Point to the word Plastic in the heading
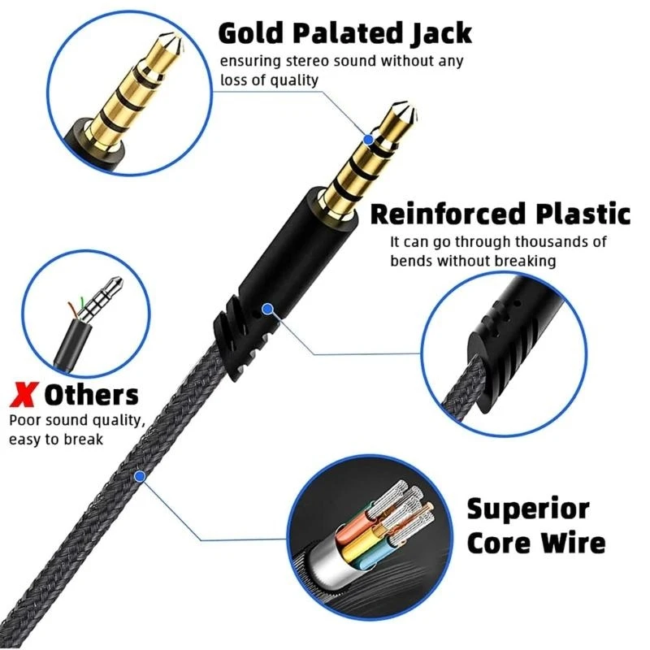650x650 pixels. click(579, 214)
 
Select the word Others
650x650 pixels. click(91, 396)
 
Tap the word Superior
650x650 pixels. click(527, 509)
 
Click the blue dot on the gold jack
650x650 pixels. click(369, 140)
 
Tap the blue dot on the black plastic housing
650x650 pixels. click(266, 309)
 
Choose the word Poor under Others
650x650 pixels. click(26, 421)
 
